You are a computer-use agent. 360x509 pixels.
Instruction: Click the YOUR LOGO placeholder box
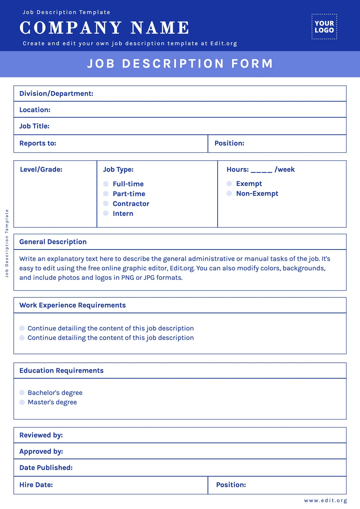[324, 27]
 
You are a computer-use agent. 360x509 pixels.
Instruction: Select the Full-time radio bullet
[106, 184]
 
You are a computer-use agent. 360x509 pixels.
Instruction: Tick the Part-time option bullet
[106, 194]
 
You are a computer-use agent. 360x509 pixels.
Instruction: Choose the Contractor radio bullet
[106, 204]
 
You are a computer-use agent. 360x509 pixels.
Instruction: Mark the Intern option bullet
[106, 213]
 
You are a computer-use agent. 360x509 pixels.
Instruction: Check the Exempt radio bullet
[229, 183]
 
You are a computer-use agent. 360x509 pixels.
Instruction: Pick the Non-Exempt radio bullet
[229, 193]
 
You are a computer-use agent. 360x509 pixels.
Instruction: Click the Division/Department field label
[56, 94]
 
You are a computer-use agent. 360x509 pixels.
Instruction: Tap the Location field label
[35, 110]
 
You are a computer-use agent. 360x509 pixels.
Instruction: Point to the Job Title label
[34, 126]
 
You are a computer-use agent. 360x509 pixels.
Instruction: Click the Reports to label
[38, 143]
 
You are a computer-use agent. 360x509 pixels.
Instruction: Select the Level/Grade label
[41, 169]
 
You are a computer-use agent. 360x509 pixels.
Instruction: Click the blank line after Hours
[261, 170]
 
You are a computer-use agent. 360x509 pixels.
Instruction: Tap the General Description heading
[53, 242]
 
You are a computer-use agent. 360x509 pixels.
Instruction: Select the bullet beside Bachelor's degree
[22, 393]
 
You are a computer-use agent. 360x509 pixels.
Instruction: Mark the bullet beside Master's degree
[22, 402]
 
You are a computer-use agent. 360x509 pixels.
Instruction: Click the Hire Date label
[36, 485]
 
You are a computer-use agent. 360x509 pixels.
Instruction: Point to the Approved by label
[41, 451]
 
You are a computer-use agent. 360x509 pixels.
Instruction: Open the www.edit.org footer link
[325, 501]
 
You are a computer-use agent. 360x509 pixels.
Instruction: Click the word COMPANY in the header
[71, 28]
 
